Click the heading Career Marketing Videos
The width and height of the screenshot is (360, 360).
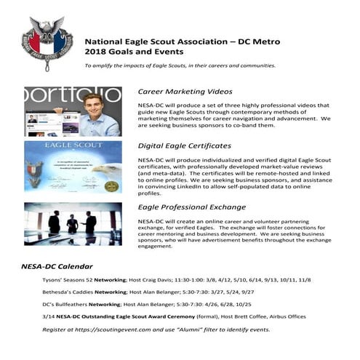(185, 92)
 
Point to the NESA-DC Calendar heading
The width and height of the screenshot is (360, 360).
(57, 266)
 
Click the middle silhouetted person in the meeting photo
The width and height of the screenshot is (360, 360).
(73, 222)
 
